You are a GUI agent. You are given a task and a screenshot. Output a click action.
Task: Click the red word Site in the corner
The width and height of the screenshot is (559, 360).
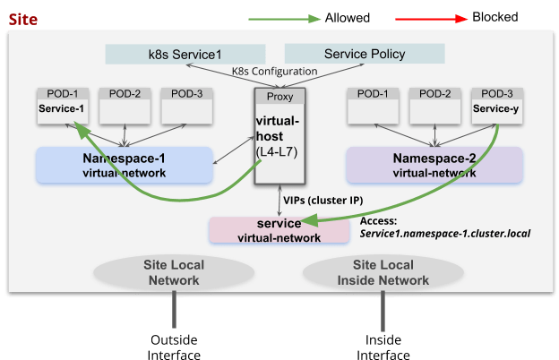click(x=22, y=17)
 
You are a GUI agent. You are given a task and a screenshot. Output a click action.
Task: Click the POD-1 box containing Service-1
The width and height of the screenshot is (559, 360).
click(x=61, y=106)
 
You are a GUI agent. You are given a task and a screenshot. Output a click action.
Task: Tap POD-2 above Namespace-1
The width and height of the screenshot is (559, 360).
click(x=125, y=106)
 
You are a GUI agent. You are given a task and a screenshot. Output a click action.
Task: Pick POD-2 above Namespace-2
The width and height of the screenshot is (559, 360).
click(x=434, y=106)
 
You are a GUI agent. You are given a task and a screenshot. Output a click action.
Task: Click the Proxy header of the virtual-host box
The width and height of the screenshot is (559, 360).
click(x=280, y=95)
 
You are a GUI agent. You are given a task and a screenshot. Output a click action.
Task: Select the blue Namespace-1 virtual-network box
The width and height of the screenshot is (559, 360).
click(x=124, y=165)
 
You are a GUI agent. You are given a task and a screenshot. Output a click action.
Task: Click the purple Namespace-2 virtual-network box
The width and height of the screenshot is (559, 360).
click(x=434, y=165)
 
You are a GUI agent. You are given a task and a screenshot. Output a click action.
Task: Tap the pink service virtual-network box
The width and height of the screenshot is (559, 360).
click(x=279, y=230)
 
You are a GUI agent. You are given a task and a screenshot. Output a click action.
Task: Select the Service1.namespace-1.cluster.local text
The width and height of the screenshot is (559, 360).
click(x=445, y=233)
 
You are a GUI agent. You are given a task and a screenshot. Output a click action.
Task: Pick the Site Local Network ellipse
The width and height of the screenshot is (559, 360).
click(x=172, y=272)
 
